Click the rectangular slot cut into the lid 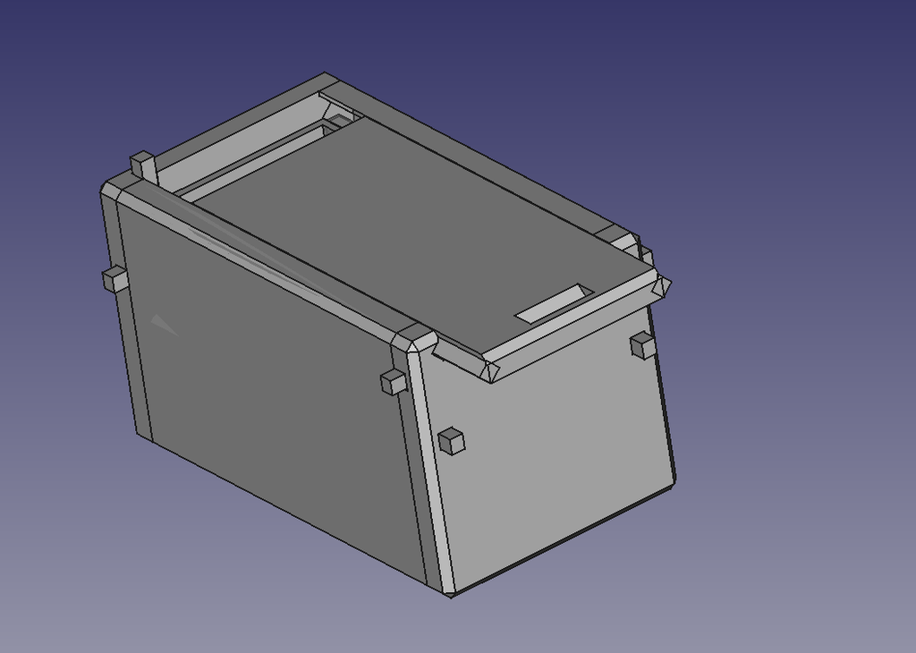click(556, 303)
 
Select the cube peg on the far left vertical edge click(114, 279)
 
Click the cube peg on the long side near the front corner click(394, 381)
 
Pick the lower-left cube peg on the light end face click(452, 440)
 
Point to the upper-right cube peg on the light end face click(643, 344)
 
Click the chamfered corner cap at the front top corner click(415, 340)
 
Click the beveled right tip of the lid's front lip click(663, 285)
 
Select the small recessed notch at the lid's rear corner click(340, 117)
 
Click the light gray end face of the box click(555, 447)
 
